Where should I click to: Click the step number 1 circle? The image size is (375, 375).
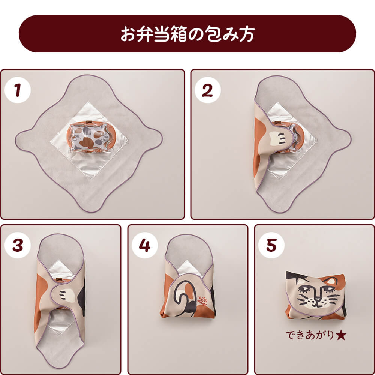click(18, 90)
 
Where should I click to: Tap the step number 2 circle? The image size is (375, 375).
click(208, 90)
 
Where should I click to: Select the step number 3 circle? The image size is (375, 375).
click(18, 245)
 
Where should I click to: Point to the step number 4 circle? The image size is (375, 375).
click(145, 245)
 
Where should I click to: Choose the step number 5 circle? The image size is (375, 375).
click(271, 245)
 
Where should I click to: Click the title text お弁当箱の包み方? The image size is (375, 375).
click(187, 34)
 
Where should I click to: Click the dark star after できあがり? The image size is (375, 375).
click(341, 335)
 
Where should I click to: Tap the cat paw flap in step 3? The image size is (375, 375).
click(65, 295)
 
